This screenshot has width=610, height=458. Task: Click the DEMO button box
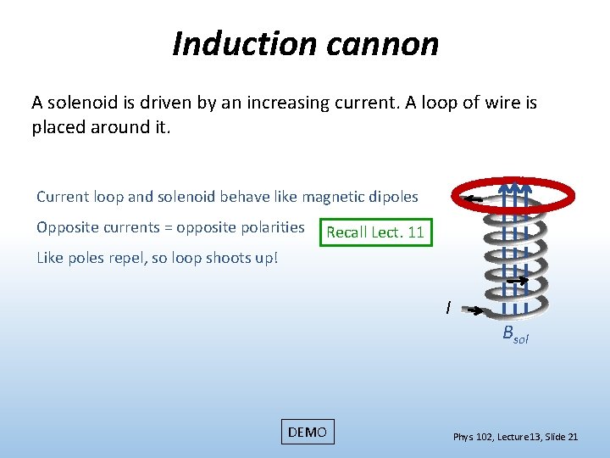point(307,432)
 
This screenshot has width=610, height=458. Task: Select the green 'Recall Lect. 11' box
point(374,232)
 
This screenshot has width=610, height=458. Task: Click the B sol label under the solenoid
point(514,333)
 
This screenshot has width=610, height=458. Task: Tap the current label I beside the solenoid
point(448,307)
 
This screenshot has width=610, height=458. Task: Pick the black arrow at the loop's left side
point(473,199)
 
